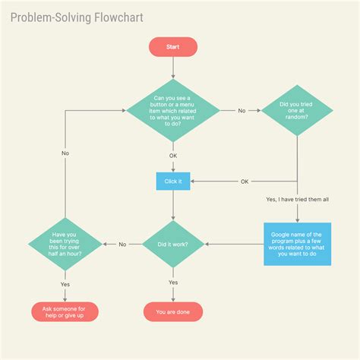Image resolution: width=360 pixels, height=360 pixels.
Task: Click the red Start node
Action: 173,47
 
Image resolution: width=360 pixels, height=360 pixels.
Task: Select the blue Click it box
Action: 173,182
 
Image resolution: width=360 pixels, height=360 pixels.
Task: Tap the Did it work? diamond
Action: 173,245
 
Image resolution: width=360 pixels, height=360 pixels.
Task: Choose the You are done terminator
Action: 173,311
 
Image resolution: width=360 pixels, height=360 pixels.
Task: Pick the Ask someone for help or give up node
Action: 65,311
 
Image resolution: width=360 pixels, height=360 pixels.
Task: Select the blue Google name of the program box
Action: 297,244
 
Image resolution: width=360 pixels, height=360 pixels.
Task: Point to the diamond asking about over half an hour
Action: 65,245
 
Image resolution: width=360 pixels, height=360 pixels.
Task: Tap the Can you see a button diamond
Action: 173,110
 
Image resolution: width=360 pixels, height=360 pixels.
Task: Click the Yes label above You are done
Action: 173,283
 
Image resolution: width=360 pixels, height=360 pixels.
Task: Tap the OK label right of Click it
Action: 245,182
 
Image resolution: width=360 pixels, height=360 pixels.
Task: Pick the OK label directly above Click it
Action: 173,155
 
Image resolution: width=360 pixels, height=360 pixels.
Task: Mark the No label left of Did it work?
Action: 122,245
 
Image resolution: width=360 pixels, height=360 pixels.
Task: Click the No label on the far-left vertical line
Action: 65,153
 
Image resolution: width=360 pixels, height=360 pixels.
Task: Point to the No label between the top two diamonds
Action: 242,111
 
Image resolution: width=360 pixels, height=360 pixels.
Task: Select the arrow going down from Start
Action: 173,68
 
